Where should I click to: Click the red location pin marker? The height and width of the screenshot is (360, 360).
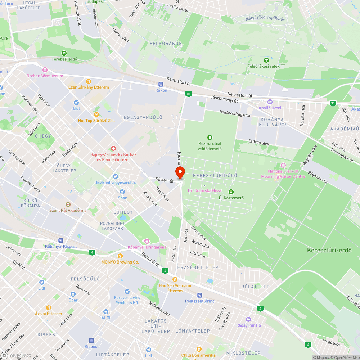(x=180, y=172)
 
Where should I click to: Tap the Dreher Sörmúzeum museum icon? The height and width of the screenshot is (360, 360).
(x=45, y=70)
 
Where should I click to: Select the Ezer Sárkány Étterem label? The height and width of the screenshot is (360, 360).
(x=89, y=87)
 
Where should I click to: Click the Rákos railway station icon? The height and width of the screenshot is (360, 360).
(x=161, y=84)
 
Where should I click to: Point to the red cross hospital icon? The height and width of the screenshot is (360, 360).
(x=113, y=148)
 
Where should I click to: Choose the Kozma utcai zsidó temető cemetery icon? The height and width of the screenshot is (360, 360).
(x=210, y=138)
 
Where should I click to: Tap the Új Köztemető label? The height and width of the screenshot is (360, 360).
(x=231, y=198)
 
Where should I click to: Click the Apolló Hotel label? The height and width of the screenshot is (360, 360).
(x=270, y=108)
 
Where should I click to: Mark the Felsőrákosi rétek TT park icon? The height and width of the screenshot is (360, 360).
(x=266, y=60)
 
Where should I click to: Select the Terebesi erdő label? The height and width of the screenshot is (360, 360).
(x=64, y=59)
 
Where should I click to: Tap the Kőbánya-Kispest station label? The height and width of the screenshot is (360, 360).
(x=61, y=246)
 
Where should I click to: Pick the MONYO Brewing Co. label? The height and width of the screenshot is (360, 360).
(x=120, y=262)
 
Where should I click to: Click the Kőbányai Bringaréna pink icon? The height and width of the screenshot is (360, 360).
(x=147, y=241)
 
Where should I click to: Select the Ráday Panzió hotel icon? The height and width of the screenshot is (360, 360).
(x=248, y=319)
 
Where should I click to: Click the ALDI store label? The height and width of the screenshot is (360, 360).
(x=106, y=318)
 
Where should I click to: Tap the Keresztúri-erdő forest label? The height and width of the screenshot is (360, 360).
(x=329, y=250)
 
